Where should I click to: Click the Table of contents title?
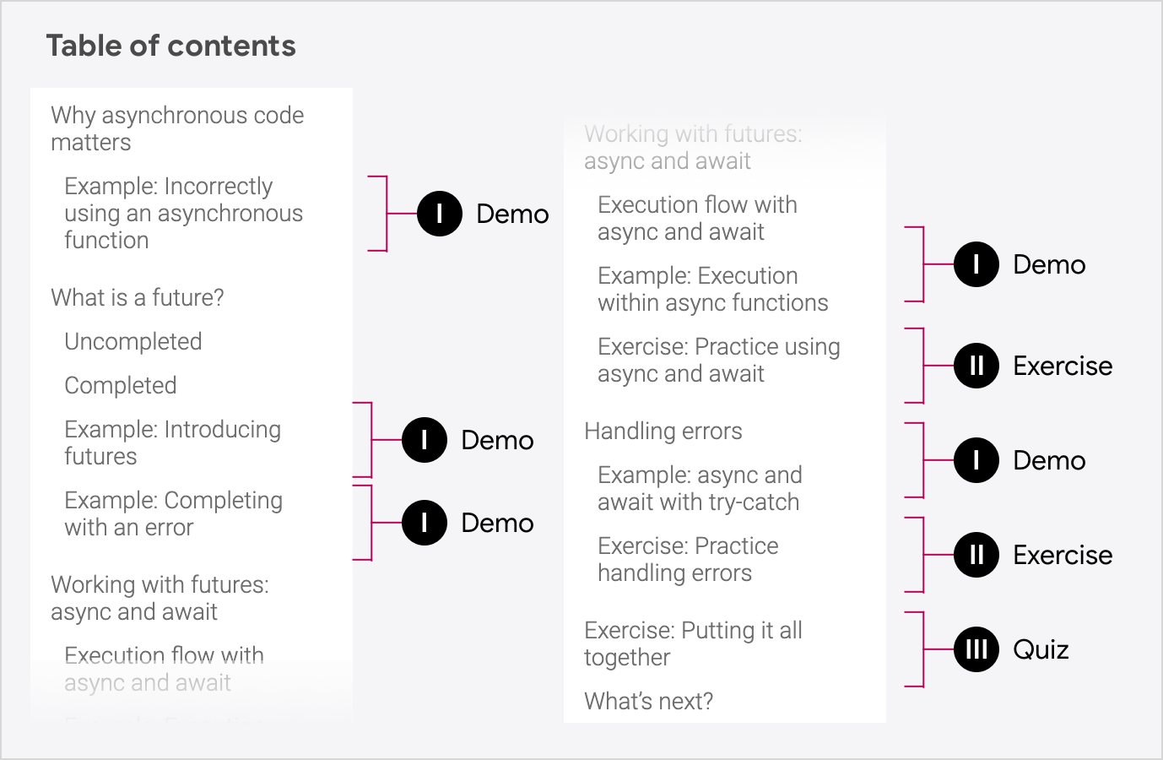[170, 46]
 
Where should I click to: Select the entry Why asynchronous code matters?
[177, 128]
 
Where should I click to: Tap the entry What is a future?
[138, 297]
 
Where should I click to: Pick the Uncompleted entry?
[133, 341]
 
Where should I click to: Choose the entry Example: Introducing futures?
[172, 442]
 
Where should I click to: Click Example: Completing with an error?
[173, 513]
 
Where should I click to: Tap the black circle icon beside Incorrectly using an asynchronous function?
[439, 214]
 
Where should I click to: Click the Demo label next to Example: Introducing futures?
[497, 440]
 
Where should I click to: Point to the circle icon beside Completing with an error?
[424, 523]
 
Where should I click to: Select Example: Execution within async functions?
[712, 289]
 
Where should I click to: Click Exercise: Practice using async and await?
[718, 360]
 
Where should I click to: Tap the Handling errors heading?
[663, 431]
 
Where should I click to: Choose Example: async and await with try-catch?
[699, 488]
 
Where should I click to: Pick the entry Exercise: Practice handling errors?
[687, 559]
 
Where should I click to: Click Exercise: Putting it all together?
[692, 643]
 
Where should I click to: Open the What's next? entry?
[648, 701]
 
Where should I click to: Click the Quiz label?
[1041, 649]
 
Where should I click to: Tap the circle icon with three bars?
[976, 649]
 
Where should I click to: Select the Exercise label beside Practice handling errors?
[1063, 555]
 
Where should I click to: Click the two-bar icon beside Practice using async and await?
[976, 366]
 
